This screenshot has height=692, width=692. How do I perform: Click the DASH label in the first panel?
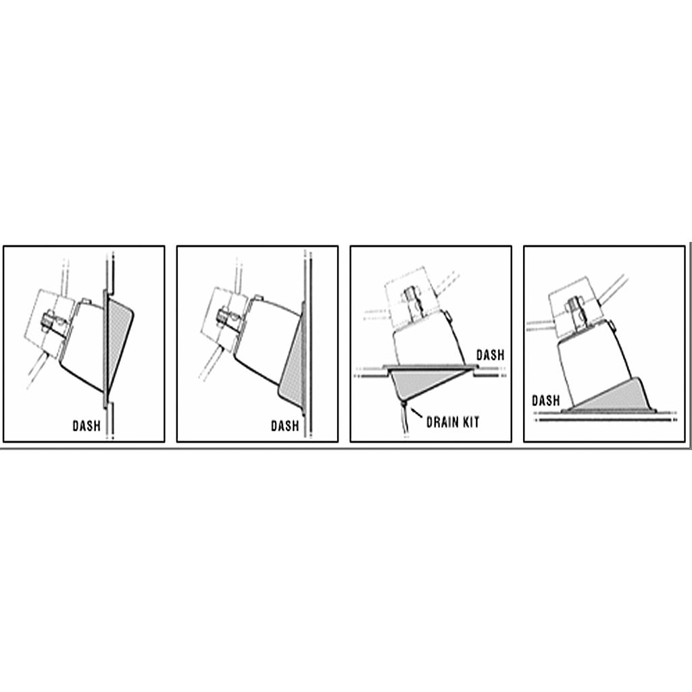(x=86, y=426)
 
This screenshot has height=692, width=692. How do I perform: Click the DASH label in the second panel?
(x=285, y=426)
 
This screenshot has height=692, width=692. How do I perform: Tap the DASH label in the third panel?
(x=490, y=355)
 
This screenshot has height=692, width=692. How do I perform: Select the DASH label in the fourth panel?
(x=546, y=401)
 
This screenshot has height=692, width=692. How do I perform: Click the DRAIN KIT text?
(x=453, y=422)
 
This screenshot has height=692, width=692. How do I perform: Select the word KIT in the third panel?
(x=471, y=422)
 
